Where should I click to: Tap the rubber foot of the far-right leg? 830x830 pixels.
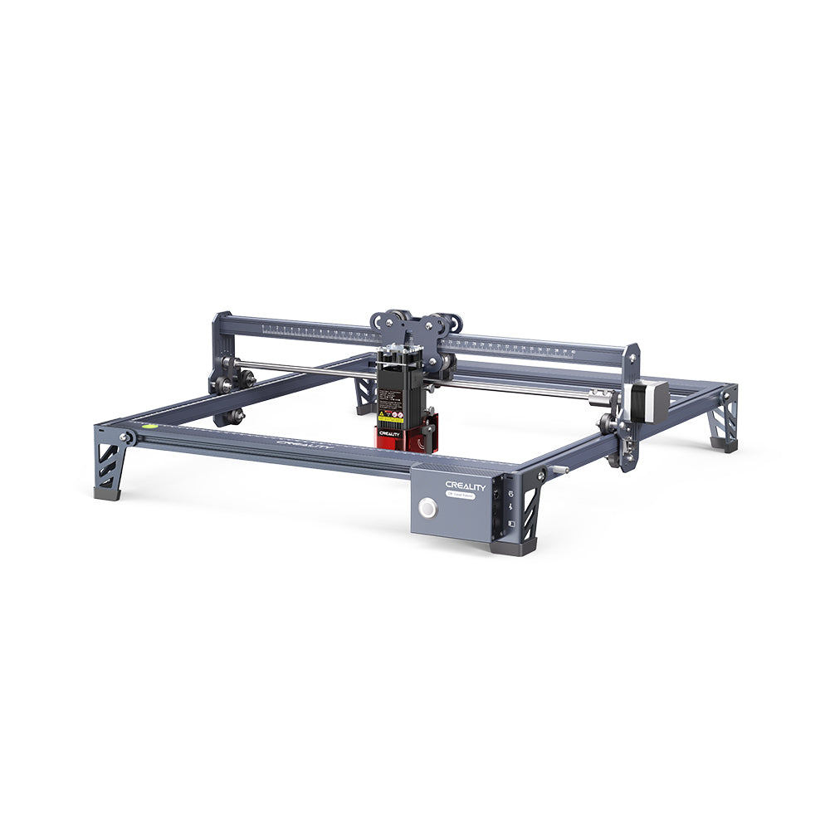point(725,447)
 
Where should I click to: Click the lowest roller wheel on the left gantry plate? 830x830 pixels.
point(237,416)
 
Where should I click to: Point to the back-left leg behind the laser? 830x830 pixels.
point(364,398)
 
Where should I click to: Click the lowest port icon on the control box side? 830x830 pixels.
point(512,525)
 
